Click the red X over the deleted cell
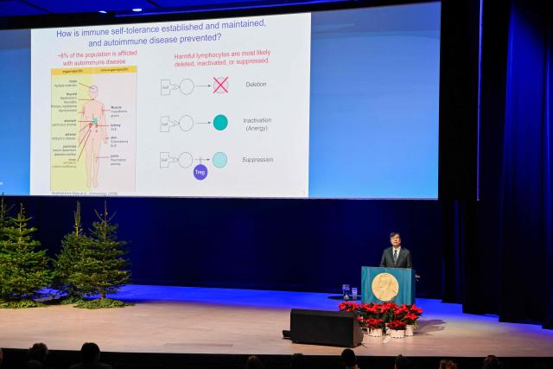tap(220, 85)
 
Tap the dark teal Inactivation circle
tap(220, 122)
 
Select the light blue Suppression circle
tap(220, 159)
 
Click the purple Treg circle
tap(200, 172)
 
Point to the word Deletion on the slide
tap(257, 85)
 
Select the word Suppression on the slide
tap(258, 159)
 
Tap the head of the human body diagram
tap(93, 90)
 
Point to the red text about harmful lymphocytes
tap(222, 58)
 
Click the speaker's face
tap(395, 239)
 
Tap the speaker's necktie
tap(395, 256)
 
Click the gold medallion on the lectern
tap(385, 286)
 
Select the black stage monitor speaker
tap(326, 328)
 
